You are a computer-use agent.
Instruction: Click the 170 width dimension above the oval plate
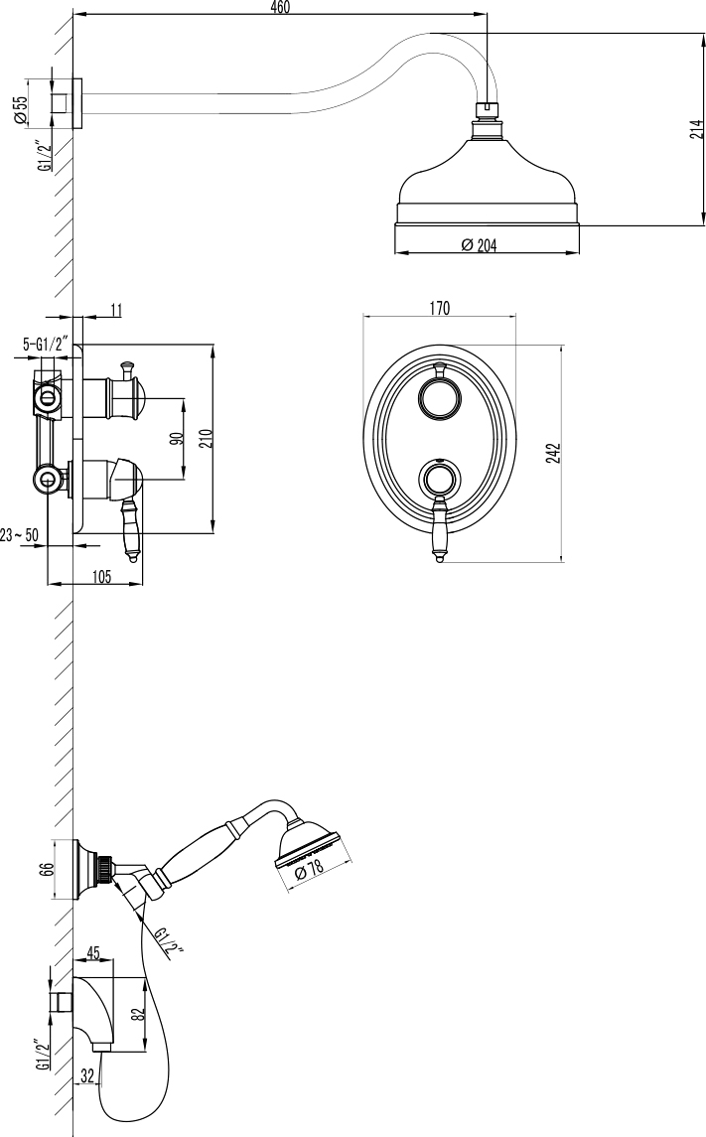(439, 309)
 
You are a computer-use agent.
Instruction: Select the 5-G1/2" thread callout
(45, 345)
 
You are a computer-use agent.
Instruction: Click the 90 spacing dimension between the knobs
(176, 438)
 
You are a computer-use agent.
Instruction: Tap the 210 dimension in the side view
(205, 438)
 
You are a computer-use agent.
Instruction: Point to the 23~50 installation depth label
(20, 535)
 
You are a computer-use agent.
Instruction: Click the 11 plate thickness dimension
(115, 311)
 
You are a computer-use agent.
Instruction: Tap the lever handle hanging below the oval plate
(439, 536)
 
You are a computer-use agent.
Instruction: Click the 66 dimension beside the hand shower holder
(46, 870)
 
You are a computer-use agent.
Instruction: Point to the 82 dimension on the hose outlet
(139, 1013)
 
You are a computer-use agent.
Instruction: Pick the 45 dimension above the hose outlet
(94, 954)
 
